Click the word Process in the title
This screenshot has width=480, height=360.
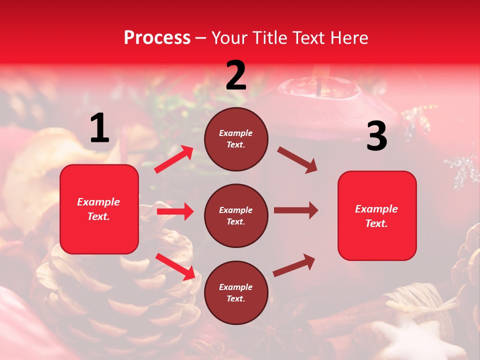157,38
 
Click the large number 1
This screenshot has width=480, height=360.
99,128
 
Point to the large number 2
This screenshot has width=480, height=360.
236,76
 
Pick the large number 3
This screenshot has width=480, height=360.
376,136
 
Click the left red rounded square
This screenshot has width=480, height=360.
99,209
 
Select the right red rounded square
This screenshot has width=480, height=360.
377,215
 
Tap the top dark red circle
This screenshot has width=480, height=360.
236,139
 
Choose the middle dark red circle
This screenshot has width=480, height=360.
236,215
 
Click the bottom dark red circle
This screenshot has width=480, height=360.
236,292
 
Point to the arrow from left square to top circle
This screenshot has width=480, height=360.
174,159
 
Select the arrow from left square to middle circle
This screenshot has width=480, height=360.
175,211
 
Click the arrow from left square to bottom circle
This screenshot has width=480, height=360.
175,266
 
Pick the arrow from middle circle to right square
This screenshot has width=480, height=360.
295,210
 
